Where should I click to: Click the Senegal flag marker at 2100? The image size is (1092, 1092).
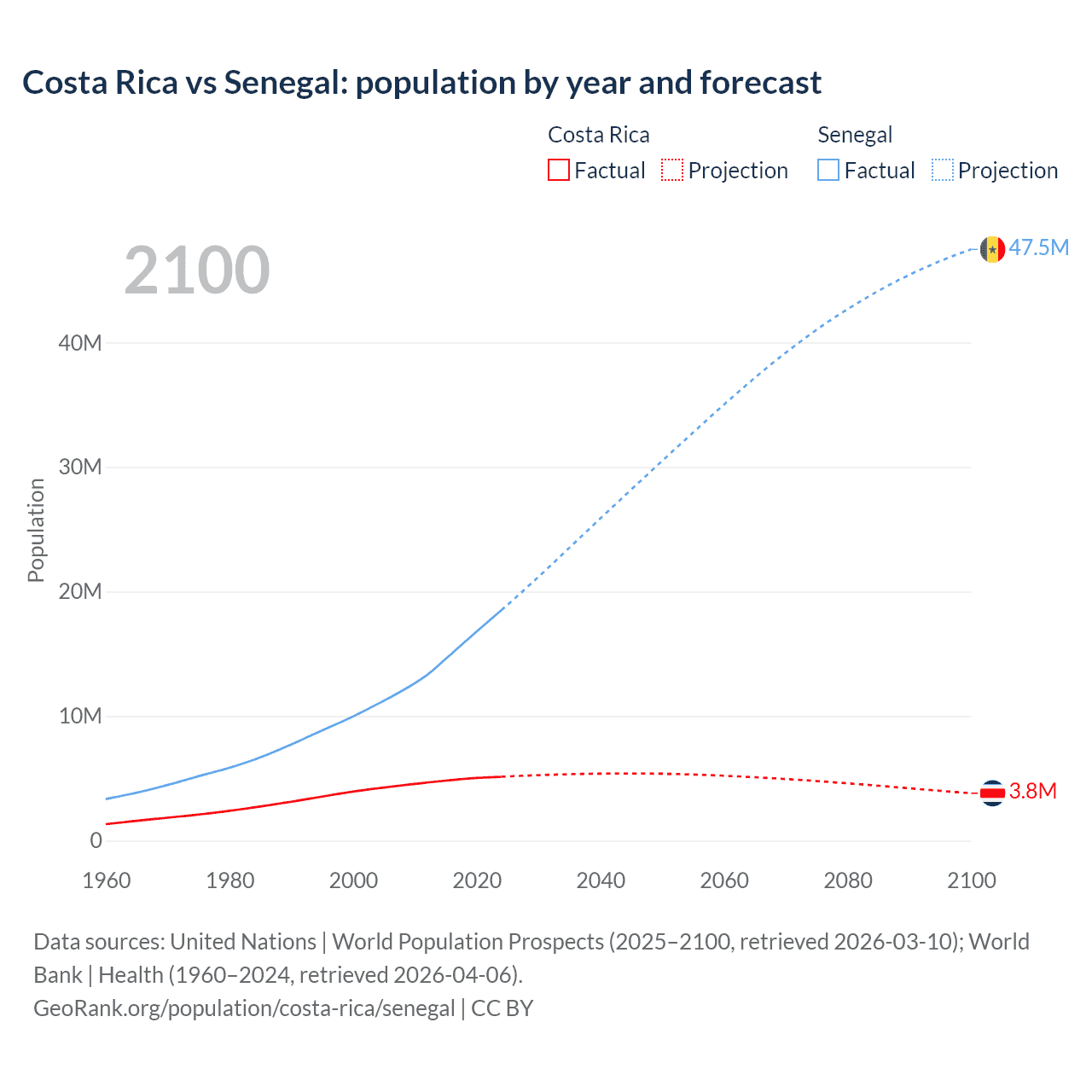[992, 249]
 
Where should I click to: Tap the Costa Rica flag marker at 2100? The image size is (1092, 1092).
[992, 793]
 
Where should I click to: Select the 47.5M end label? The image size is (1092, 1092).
[1039, 248]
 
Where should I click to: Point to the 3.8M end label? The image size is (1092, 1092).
[1032, 792]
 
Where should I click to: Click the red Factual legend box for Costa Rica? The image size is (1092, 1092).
[558, 171]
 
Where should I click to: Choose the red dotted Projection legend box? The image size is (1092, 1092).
[672, 171]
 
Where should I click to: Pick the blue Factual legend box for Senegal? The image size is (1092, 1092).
[828, 171]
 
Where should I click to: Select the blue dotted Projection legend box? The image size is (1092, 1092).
[943, 171]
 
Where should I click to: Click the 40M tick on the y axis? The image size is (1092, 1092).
[80, 343]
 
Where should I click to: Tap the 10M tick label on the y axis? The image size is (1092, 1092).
[80, 716]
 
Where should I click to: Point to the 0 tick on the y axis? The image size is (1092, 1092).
[96, 840]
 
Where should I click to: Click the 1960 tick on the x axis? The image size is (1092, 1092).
[107, 880]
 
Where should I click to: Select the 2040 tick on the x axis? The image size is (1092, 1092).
[601, 880]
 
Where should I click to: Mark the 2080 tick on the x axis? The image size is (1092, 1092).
[848, 880]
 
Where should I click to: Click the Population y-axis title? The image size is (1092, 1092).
[36, 530]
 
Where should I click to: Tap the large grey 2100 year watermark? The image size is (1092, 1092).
[197, 270]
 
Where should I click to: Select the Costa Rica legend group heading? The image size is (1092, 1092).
[598, 135]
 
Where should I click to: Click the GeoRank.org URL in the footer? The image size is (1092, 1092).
[244, 1008]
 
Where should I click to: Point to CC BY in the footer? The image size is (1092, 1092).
[502, 1008]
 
